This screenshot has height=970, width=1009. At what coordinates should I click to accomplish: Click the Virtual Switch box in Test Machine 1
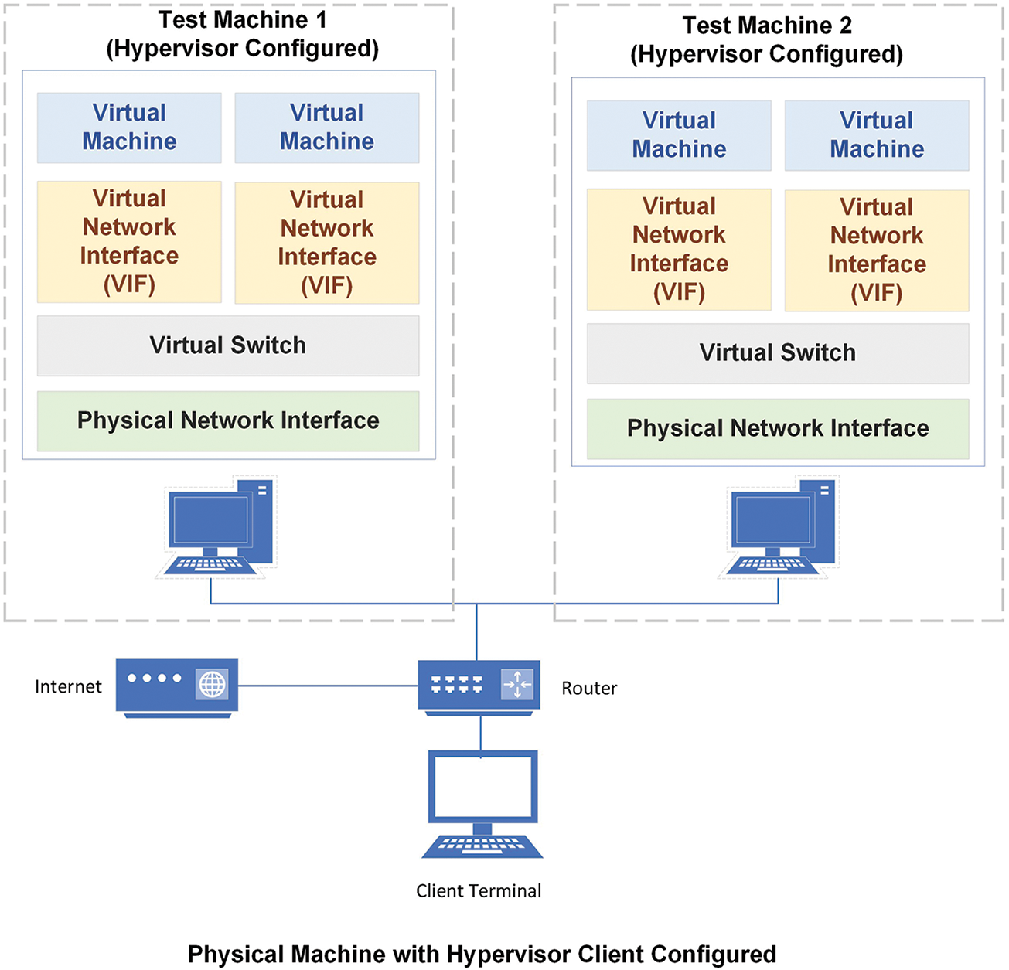[x=228, y=345]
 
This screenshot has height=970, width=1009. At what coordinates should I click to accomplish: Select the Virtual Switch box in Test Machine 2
[x=778, y=353]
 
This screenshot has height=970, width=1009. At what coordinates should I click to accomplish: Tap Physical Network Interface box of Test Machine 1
[x=228, y=421]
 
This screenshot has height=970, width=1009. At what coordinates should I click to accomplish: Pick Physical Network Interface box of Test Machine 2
[x=778, y=429]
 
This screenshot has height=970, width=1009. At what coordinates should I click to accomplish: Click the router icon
[x=479, y=687]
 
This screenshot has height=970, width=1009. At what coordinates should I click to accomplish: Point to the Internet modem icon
[x=177, y=687]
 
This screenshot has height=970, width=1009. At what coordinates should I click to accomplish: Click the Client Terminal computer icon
[x=482, y=804]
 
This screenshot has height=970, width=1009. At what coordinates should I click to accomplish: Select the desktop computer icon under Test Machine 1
[x=216, y=526]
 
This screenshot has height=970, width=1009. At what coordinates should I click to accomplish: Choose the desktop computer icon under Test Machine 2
[x=779, y=526]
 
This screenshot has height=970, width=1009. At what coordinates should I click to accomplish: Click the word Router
[x=589, y=688]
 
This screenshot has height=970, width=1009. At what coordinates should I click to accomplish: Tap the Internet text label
[x=68, y=686]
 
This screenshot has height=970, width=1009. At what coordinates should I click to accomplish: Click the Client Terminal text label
[x=479, y=890]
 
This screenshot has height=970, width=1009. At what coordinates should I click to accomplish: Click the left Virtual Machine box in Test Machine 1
[x=129, y=128]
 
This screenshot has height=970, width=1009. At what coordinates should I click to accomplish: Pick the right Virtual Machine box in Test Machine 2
[x=877, y=135]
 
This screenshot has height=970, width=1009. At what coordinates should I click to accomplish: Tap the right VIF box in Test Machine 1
[x=327, y=243]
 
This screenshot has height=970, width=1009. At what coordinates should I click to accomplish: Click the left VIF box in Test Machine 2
[x=679, y=250]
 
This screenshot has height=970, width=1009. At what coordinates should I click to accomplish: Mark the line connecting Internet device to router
[x=328, y=686]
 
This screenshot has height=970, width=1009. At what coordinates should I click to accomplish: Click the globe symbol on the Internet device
[x=213, y=684]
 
